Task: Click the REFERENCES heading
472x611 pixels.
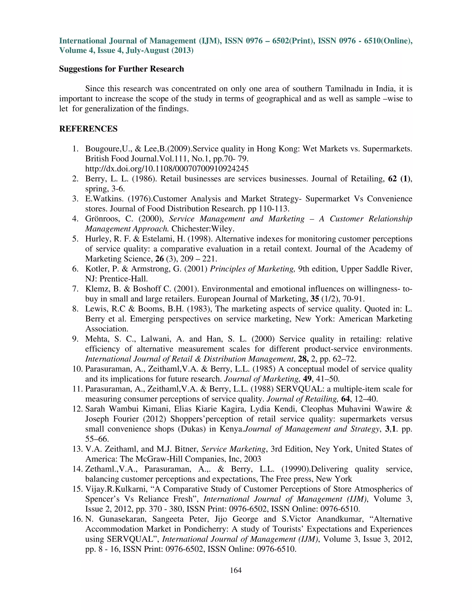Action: click(x=88, y=129)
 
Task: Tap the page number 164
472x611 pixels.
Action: click(x=236, y=570)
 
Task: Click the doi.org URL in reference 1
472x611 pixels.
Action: click(x=167, y=169)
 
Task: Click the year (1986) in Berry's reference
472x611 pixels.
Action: click(x=144, y=179)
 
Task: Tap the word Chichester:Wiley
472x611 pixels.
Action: click(x=203, y=229)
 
